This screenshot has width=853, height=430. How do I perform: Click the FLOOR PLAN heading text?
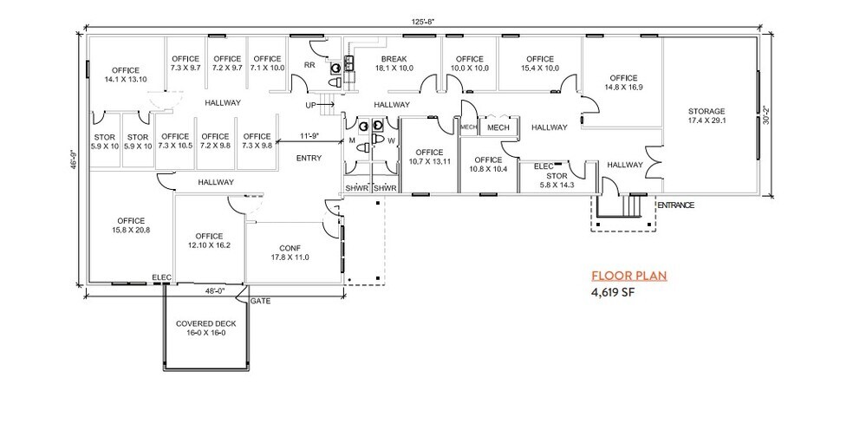(x=628, y=277)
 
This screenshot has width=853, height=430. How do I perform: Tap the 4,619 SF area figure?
(x=614, y=293)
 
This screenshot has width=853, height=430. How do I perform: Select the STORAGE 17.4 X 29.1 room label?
(x=706, y=115)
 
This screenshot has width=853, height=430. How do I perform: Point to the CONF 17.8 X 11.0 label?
(x=290, y=252)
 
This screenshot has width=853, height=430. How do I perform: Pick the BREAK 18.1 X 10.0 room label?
(x=394, y=63)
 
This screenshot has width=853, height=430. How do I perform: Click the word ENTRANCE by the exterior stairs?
(x=676, y=205)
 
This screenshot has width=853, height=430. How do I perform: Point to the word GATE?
(x=260, y=302)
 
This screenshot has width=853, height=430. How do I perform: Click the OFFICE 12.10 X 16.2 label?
(x=209, y=240)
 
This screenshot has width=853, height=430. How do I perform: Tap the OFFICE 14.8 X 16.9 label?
(x=622, y=82)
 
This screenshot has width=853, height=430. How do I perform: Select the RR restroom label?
(x=309, y=65)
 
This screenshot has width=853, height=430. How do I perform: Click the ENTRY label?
(x=309, y=158)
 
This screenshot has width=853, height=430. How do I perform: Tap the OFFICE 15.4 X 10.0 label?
(x=540, y=63)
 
